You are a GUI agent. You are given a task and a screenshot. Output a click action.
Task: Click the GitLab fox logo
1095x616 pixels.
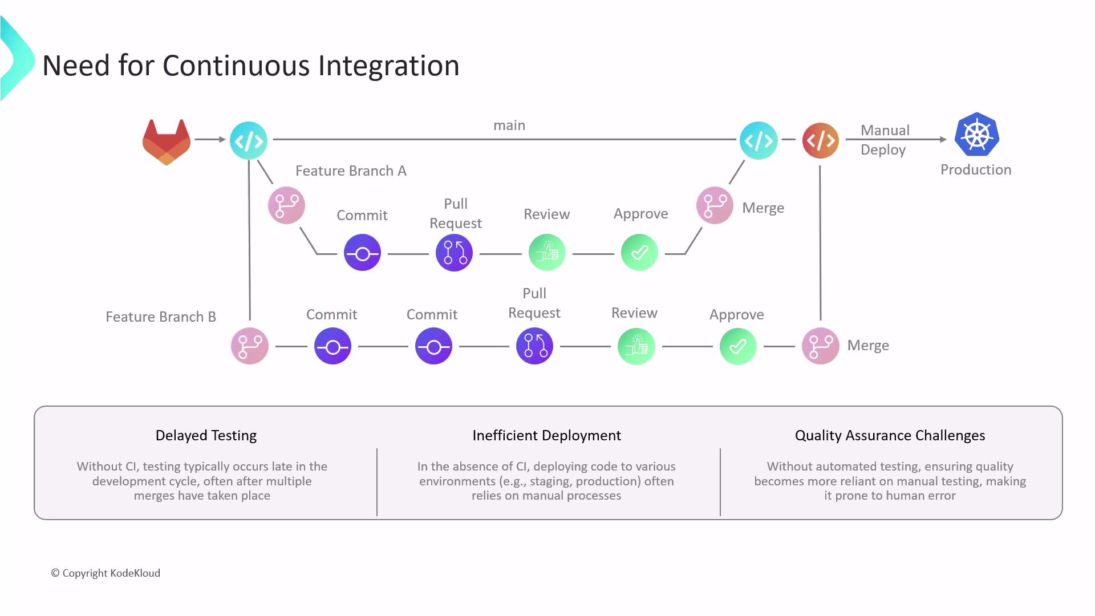[166, 141]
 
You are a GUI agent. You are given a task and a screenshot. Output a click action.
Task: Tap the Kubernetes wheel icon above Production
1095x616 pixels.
[976, 135]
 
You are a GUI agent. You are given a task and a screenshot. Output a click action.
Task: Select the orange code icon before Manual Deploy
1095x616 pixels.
[820, 140]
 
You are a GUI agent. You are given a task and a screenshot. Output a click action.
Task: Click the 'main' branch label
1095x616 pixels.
[509, 125]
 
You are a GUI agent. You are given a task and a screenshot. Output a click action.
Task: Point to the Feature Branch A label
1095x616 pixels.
[351, 171]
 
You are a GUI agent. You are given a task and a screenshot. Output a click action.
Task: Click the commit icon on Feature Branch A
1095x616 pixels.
[362, 253]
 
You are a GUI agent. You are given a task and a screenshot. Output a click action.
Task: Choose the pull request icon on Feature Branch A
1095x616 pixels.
[455, 253]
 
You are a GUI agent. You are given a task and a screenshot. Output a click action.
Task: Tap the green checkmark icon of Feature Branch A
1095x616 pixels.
[639, 253]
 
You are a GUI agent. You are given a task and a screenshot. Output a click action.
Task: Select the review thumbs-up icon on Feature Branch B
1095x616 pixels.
[636, 346]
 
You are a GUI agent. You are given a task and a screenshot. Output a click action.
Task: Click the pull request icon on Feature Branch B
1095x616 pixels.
[534, 346]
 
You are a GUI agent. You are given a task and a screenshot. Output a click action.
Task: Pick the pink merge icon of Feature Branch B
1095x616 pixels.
[820, 346]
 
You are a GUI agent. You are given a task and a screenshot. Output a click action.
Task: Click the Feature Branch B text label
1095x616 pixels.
[161, 317]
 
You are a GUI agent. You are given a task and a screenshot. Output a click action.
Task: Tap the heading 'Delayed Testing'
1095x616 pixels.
[206, 435]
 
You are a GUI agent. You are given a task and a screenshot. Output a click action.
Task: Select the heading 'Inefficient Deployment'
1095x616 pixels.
[546, 435]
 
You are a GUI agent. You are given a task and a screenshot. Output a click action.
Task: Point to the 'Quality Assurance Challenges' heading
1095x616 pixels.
[890, 435]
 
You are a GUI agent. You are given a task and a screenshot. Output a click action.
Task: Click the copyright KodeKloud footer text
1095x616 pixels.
[106, 573]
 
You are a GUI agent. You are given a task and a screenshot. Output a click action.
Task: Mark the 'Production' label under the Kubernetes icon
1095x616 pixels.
[976, 169]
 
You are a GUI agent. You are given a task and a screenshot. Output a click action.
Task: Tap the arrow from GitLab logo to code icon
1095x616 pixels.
[210, 139]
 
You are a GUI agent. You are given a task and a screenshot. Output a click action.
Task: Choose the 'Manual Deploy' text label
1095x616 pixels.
[884, 140]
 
